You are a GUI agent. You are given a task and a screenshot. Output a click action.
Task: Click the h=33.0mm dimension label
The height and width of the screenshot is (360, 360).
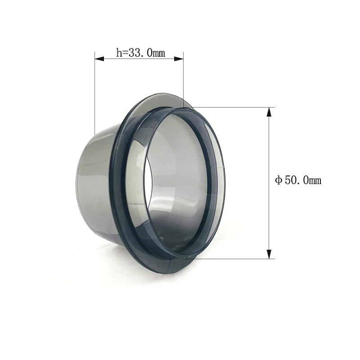140,53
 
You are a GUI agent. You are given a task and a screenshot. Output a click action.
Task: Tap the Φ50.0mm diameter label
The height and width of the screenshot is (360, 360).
298,180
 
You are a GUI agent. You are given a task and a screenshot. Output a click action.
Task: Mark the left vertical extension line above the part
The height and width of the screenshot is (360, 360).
94,90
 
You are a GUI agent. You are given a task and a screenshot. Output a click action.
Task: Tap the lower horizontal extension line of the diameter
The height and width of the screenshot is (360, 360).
234,259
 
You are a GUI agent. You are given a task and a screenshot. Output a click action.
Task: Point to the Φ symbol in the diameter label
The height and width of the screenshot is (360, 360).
279,181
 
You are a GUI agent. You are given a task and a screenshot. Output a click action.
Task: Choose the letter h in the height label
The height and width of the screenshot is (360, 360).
119,53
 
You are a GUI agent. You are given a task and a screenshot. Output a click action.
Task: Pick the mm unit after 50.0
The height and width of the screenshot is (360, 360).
315,181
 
